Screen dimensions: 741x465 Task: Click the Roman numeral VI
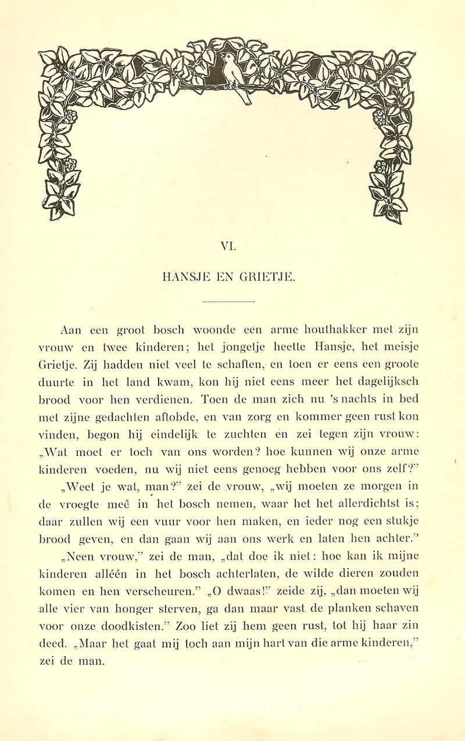(x=228, y=247)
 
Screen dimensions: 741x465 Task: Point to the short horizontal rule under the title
(x=228, y=302)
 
